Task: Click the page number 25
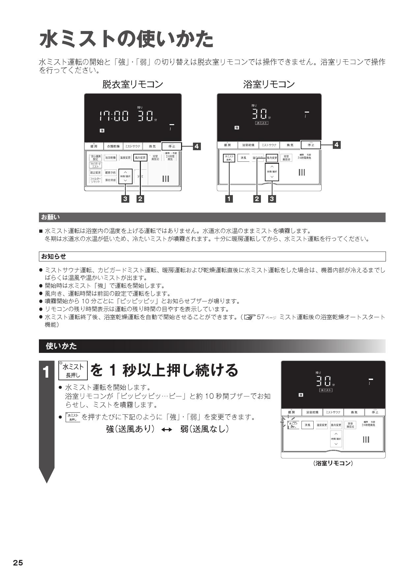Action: click(x=18, y=563)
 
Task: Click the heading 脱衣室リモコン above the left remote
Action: click(x=133, y=85)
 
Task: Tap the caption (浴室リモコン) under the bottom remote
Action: click(x=333, y=463)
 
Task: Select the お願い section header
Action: click(x=50, y=217)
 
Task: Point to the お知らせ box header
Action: click(x=53, y=256)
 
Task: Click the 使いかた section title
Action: click(x=61, y=346)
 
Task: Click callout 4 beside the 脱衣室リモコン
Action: click(x=197, y=146)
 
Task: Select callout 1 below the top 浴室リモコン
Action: click(x=229, y=199)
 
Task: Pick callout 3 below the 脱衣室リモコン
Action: click(x=125, y=199)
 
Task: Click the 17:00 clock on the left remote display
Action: click(x=113, y=116)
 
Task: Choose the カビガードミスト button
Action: click(x=95, y=165)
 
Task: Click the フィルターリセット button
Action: click(x=95, y=180)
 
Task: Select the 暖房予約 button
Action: click(x=110, y=173)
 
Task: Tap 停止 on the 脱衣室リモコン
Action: click(x=172, y=146)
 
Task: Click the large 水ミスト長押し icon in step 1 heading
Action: click(x=73, y=370)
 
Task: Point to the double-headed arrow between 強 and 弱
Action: click(x=167, y=429)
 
